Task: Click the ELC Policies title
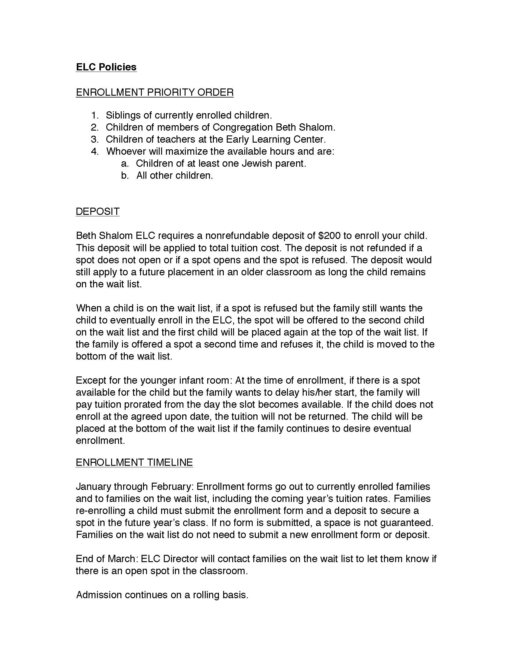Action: tap(106, 67)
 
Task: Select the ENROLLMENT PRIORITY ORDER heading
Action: tap(155, 92)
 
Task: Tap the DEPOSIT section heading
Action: tap(97, 211)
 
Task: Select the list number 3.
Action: tap(95, 139)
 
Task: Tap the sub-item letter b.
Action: tap(125, 175)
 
